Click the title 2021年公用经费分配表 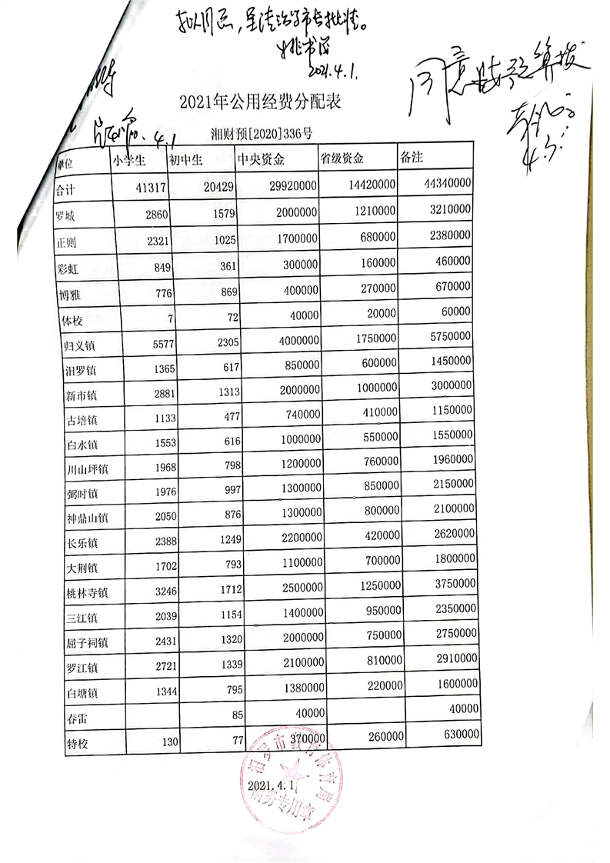point(260,102)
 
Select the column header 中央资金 point(262,160)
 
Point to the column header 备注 point(412,157)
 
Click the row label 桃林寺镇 point(88,593)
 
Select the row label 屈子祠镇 point(88,642)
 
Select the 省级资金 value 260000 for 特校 point(380,736)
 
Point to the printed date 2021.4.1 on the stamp point(272,786)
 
